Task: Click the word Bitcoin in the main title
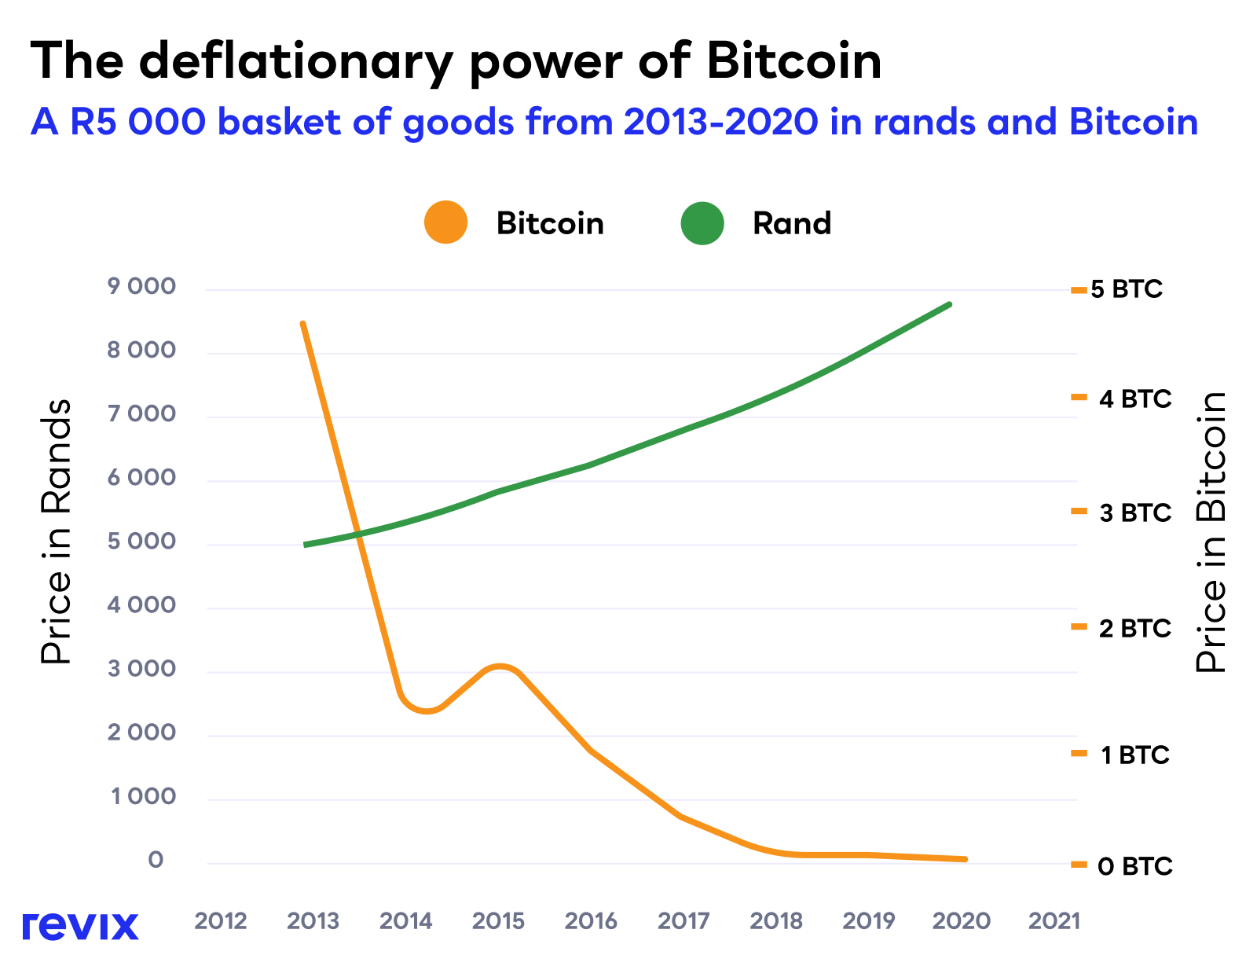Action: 793,61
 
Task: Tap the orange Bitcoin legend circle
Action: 445,222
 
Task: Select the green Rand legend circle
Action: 702,222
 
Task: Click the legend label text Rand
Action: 791,224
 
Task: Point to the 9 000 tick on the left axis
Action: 142,287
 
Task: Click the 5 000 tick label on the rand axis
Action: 142,542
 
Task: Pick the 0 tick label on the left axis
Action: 156,860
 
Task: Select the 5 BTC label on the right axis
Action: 1127,289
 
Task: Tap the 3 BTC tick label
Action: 1135,513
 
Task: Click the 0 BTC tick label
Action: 1135,866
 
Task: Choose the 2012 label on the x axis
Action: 221,920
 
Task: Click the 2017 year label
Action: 683,920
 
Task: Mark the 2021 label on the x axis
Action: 1054,920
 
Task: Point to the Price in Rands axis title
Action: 56,532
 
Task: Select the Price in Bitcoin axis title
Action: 1211,532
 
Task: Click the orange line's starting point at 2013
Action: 303,324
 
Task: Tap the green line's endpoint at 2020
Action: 950,304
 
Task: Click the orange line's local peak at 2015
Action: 500,667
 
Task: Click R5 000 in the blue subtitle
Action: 137,123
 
